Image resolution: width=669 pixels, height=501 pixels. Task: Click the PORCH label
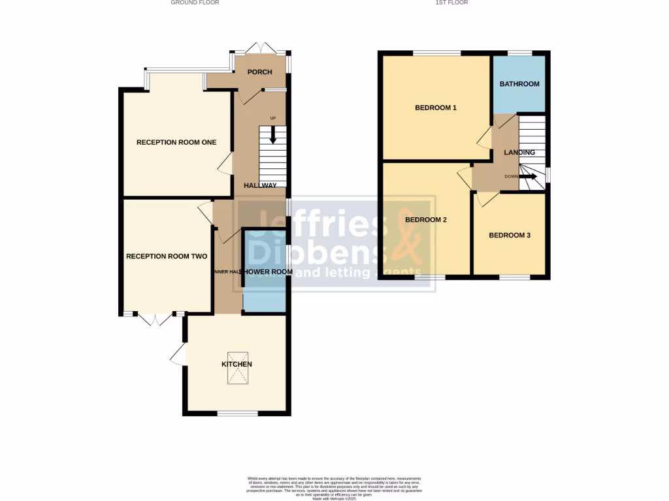259,72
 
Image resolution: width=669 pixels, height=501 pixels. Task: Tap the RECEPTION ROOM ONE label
176,142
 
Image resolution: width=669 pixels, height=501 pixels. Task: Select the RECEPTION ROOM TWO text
167,256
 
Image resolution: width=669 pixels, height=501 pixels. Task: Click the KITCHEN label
237,364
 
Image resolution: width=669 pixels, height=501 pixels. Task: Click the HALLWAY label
260,186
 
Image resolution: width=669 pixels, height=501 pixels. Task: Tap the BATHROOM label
519,84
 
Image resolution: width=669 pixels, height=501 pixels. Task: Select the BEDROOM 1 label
436,108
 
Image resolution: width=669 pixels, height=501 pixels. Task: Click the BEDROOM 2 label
426,220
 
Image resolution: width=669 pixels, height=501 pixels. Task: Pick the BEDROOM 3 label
510,235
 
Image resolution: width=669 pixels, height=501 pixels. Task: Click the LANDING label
519,153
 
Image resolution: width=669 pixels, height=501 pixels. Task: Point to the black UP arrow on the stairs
273,134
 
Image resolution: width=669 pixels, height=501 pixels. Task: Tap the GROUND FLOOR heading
195,3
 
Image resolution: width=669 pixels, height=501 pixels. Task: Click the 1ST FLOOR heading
451,3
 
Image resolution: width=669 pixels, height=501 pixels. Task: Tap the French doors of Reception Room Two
155,318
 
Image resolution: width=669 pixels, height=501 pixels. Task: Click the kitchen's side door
177,356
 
